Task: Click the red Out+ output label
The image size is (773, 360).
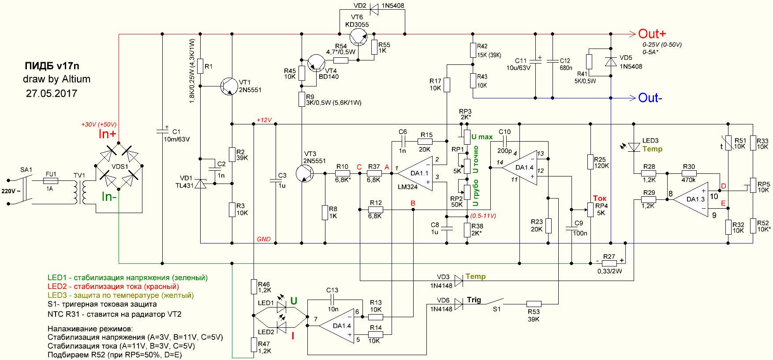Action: [x=652, y=34]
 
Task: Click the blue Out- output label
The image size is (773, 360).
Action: [x=650, y=98]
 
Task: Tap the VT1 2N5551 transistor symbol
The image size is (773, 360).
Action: [x=229, y=86]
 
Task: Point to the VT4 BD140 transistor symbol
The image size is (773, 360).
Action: [x=316, y=63]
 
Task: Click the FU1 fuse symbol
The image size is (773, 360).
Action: [x=51, y=180]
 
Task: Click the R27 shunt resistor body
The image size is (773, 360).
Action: [x=609, y=263]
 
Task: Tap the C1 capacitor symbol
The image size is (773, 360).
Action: [x=162, y=131]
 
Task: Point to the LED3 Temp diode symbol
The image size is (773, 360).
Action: [x=634, y=147]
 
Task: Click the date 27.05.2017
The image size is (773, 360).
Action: [x=52, y=94]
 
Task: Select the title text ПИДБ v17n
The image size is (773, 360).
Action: [x=52, y=66]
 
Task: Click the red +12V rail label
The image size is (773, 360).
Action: [x=264, y=120]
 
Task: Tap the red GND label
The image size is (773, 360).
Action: [x=264, y=239]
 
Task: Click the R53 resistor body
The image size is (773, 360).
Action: [x=534, y=304]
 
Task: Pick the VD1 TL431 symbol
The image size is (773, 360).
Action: [x=201, y=183]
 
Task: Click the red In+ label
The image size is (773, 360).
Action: [x=107, y=134]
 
